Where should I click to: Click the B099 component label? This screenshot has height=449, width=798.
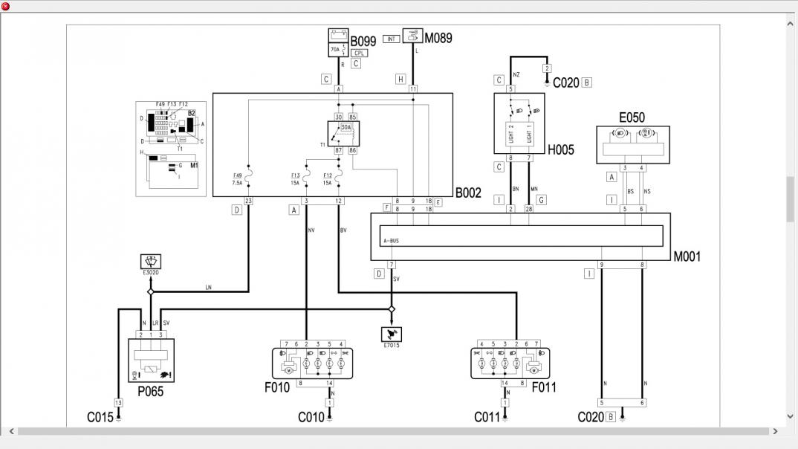[x=363, y=42]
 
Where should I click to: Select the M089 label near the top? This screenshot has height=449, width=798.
[x=438, y=37]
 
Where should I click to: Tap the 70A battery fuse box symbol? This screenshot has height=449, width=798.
[x=339, y=42]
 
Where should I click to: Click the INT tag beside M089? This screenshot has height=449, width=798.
[x=392, y=39]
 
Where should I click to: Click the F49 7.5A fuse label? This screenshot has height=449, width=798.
[x=238, y=178]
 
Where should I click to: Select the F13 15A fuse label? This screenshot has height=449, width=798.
[x=295, y=178]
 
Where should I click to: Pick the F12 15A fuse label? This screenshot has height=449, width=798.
[x=327, y=178]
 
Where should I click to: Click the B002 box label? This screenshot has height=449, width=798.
[x=468, y=193]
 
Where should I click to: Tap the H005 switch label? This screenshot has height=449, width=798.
[x=562, y=149]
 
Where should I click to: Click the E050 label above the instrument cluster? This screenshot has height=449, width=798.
[x=632, y=117]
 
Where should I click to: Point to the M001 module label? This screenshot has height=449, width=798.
[x=687, y=256]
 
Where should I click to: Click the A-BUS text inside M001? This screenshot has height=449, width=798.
[x=391, y=240]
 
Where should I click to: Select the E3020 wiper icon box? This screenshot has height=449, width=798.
[x=151, y=261]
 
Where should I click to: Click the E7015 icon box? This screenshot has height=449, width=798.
[x=392, y=334]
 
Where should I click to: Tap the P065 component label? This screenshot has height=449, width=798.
[x=150, y=392]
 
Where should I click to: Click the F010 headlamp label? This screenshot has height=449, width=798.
[x=277, y=387]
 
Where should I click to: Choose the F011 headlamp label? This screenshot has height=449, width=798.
[x=543, y=387]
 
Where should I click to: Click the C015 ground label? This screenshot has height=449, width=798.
[x=100, y=417]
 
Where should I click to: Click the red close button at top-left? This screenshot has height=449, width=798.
[x=6, y=6]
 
